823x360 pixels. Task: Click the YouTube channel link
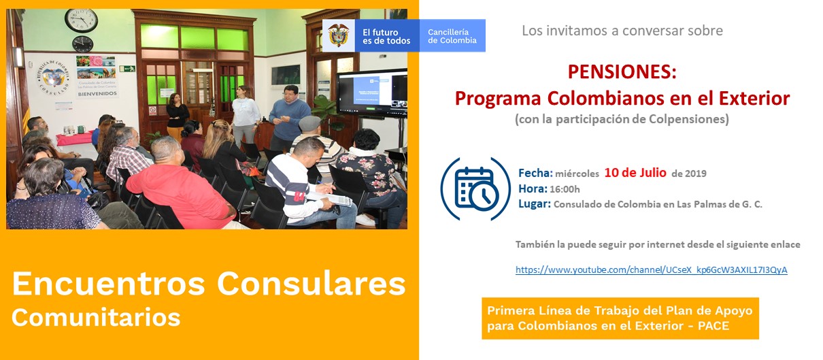(x=651, y=270)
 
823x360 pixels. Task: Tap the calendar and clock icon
(x=476, y=189)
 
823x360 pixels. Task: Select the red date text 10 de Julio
(x=635, y=172)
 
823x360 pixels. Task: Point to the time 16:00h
(x=565, y=189)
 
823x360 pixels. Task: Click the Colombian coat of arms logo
(x=339, y=35)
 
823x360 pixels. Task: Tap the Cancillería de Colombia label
(x=452, y=36)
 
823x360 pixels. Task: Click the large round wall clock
(x=81, y=20)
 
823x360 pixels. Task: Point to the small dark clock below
(x=83, y=44)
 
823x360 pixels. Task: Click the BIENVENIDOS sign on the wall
(x=97, y=94)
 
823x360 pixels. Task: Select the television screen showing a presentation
(x=372, y=93)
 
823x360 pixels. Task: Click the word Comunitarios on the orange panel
(x=96, y=317)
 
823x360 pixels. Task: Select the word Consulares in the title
(x=312, y=284)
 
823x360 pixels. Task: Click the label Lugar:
(x=535, y=203)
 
